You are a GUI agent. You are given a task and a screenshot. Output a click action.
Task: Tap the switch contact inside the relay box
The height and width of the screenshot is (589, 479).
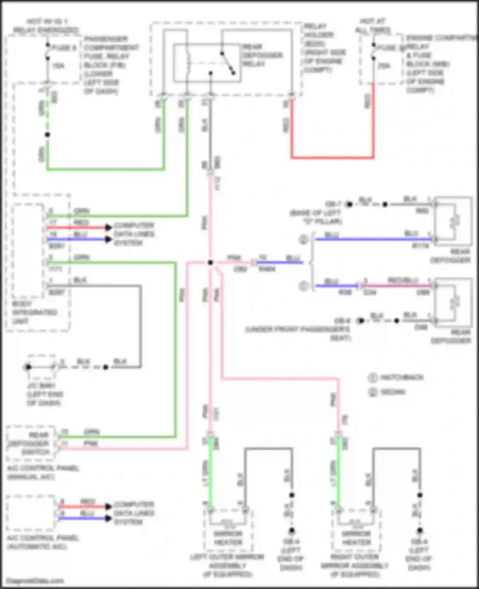coord(228,63)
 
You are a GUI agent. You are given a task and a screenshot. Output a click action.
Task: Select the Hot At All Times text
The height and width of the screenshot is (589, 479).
coord(373,26)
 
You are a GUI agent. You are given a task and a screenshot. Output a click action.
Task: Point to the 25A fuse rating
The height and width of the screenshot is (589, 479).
coord(384,66)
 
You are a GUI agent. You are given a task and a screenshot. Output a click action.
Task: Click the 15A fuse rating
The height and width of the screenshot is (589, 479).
coord(58,66)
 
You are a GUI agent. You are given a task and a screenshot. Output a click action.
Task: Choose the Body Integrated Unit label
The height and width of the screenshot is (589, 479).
coord(34,312)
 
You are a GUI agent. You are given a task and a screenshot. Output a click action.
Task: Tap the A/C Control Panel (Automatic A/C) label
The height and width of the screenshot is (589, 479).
coord(43,542)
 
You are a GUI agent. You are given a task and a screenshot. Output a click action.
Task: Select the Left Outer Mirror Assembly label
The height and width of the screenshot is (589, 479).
coord(227,565)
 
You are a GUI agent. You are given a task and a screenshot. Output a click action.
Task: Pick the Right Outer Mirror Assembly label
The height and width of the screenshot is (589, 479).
coord(355,565)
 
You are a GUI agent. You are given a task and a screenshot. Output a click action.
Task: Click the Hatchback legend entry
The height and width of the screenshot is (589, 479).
coord(401,378)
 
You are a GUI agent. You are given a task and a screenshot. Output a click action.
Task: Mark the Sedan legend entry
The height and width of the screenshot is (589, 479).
coord(392,392)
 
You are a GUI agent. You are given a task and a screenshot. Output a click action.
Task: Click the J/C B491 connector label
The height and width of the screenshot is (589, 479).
coord(44,394)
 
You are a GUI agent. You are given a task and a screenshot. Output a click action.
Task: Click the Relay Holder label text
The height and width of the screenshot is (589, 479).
coord(323,48)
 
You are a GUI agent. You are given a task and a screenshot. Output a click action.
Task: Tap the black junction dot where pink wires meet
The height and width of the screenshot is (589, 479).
coord(210,263)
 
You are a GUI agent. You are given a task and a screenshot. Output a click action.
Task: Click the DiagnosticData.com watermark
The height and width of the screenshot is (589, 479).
coord(34,581)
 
